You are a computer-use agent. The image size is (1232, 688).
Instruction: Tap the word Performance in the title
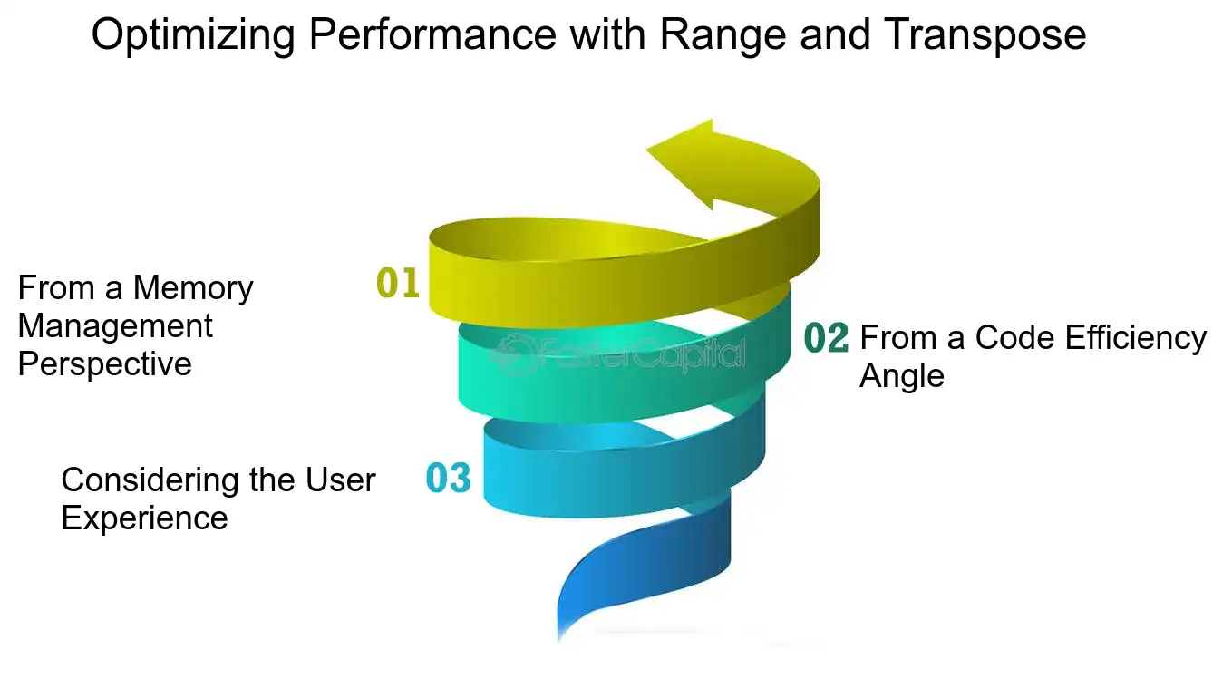(432, 34)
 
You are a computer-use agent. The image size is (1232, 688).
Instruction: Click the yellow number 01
(398, 283)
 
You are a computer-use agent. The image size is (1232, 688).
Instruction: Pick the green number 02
(826, 337)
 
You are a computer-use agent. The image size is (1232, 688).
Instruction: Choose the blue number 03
(448, 478)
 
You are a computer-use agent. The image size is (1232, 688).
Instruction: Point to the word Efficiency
(1136, 339)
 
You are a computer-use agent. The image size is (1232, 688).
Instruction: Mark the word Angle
(901, 377)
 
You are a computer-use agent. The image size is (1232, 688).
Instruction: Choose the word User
(341, 480)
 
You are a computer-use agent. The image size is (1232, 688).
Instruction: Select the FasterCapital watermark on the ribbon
(617, 354)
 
